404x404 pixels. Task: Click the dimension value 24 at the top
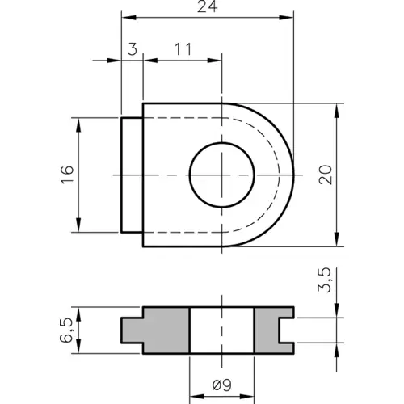(x=207, y=6)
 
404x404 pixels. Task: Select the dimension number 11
(x=182, y=49)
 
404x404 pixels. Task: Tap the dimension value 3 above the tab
(x=132, y=49)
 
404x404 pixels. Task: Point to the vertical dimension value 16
(x=67, y=174)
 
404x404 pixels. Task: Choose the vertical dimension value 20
(x=326, y=174)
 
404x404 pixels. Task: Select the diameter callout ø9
(x=221, y=386)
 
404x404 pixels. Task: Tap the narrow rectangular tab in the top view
(x=132, y=175)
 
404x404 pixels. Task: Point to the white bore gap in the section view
(x=221, y=330)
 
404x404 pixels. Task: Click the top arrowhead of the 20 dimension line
(x=335, y=107)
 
